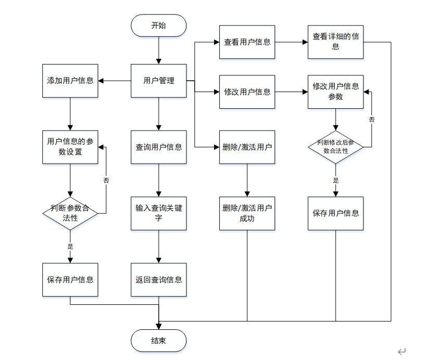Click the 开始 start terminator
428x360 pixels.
(159, 25)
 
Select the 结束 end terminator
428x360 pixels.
(159, 341)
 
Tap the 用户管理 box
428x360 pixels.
(159, 81)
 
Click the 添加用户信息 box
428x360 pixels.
(70, 81)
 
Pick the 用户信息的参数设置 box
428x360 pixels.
(70, 147)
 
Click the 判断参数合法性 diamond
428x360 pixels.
(70, 213)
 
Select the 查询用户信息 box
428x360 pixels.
(159, 147)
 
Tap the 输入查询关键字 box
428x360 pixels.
(159, 213)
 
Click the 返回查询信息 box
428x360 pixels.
(159, 280)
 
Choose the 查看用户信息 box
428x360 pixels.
(247, 42)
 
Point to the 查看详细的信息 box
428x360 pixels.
(335, 42)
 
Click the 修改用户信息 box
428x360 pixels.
(247, 92)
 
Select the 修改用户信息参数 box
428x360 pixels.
(335, 92)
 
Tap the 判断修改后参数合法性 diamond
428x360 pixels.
(335, 147)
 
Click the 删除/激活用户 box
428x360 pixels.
(247, 147)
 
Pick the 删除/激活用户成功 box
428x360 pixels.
(247, 213)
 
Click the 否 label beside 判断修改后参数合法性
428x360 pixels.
(372, 120)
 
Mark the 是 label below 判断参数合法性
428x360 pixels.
(70, 247)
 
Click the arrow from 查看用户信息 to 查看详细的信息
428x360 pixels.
(291, 42)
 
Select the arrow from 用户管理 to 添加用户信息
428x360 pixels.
(115, 81)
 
